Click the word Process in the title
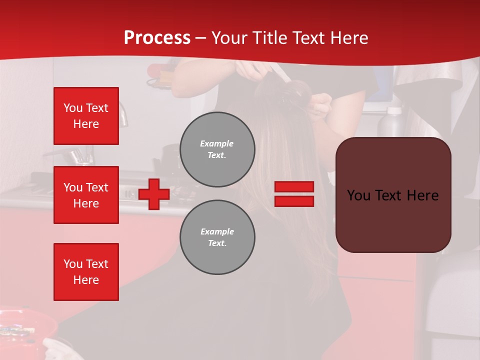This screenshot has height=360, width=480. (157, 38)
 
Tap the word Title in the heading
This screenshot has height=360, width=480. (269, 38)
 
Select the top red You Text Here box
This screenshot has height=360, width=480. (86, 116)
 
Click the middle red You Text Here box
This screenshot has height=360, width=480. (86, 195)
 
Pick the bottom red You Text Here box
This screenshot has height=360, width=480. (86, 272)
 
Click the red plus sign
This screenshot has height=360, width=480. (154, 194)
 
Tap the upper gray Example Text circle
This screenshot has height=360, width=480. (217, 149)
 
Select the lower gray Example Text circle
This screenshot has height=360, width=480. (217, 237)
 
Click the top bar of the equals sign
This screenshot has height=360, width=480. (294, 187)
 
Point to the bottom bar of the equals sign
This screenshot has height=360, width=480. (294, 201)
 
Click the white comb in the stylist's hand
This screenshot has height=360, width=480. (280, 75)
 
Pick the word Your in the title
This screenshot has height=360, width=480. (228, 38)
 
